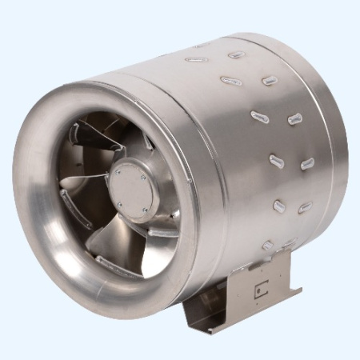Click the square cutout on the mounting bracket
pyautogui.click(x=258, y=291)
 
